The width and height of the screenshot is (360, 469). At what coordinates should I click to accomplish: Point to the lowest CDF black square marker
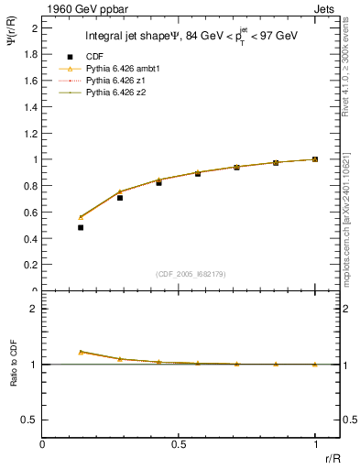pos(81,227)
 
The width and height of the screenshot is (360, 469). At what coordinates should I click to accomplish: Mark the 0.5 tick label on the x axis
pos(179,443)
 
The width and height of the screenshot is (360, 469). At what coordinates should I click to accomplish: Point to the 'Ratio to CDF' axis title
pos(14,376)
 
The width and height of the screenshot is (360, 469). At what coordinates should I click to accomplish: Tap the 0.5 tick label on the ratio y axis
pos(30,420)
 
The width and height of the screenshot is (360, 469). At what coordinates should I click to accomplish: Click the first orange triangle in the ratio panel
pos(81,352)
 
